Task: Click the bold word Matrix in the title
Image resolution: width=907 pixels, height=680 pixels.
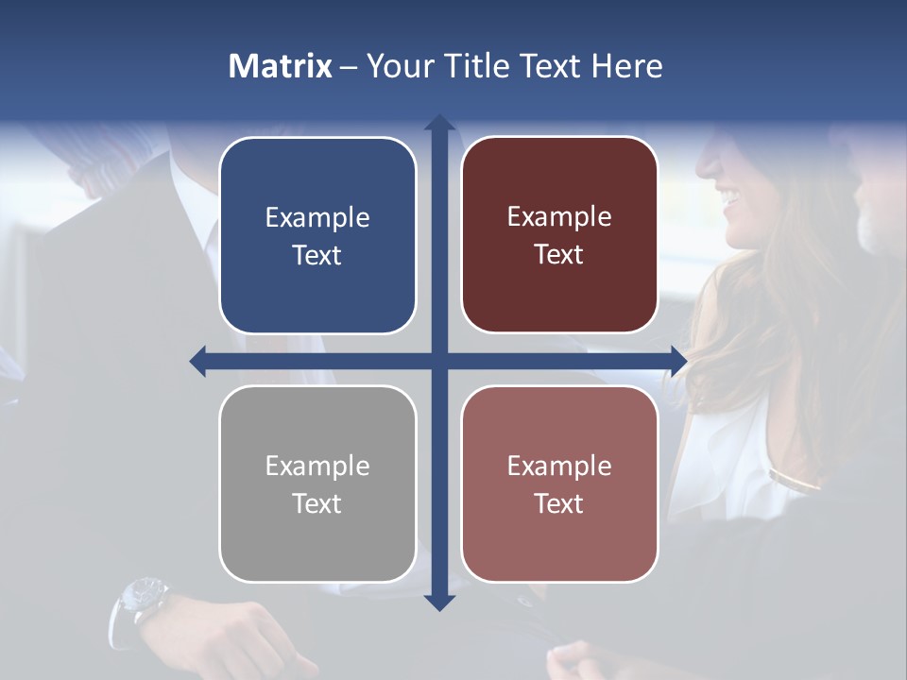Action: point(281,66)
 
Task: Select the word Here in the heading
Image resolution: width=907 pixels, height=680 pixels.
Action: point(626,66)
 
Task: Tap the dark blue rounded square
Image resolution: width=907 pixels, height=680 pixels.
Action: point(317,236)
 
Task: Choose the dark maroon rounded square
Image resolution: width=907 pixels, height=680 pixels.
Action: point(559,236)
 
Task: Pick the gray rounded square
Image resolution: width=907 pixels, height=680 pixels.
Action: point(317,484)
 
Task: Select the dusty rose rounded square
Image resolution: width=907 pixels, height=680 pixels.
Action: point(559,484)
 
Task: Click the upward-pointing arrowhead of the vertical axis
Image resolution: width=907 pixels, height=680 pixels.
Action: point(438,124)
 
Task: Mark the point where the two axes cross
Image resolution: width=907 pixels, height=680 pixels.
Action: point(438,361)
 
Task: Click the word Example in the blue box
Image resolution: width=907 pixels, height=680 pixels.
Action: point(317,218)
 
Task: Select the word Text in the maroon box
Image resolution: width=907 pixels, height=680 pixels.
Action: point(559,255)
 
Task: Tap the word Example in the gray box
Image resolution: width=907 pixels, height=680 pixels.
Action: point(317,467)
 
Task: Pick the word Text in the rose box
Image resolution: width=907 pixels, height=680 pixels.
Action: point(559,503)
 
